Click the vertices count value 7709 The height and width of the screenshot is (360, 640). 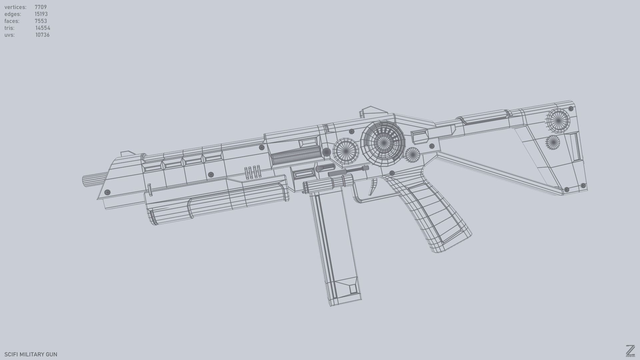click(x=41, y=7)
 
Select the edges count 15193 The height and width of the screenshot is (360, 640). click(x=41, y=14)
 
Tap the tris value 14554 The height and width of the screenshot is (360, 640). click(x=43, y=28)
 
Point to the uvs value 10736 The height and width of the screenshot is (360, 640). click(x=42, y=35)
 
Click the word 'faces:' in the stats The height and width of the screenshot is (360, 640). click(x=12, y=21)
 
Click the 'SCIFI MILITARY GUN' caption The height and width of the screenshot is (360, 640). click(x=31, y=354)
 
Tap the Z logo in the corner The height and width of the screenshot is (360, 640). click(x=630, y=351)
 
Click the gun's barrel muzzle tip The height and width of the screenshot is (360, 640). click(x=85, y=181)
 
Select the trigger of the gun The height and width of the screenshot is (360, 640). click(x=373, y=187)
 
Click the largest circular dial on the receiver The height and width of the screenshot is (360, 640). click(x=383, y=143)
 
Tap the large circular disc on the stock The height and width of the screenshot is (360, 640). click(x=558, y=120)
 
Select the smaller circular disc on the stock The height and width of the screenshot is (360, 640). click(x=553, y=143)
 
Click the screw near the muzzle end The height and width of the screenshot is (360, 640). click(x=107, y=192)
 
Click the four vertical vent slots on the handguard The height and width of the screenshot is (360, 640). click(x=252, y=172)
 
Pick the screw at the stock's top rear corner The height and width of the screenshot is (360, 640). click(x=571, y=109)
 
